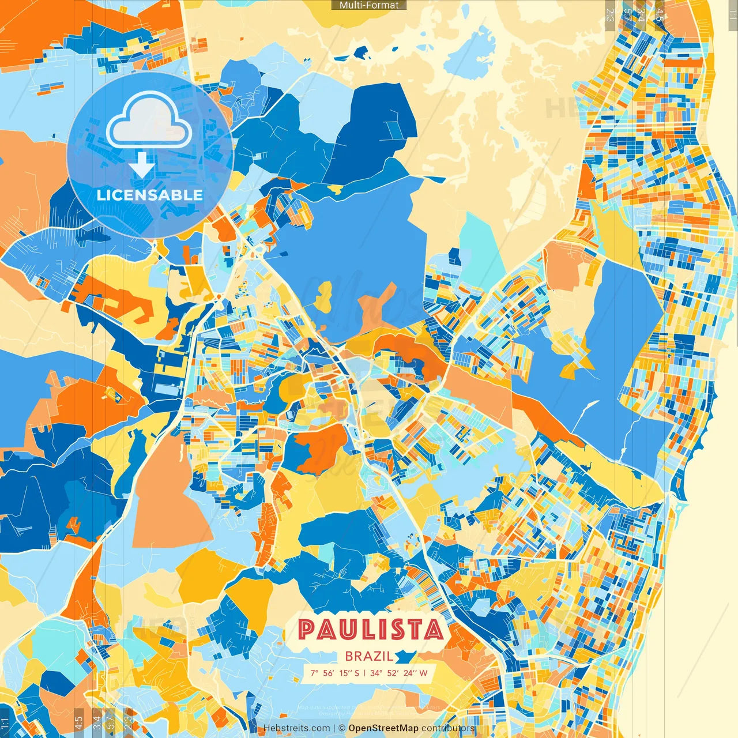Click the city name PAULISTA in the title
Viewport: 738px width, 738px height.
pyautogui.click(x=371, y=630)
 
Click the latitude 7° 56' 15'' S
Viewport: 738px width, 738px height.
pyautogui.click(x=334, y=673)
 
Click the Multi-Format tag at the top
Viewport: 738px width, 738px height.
pyautogui.click(x=369, y=5)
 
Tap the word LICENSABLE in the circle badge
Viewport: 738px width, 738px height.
pyautogui.click(x=150, y=195)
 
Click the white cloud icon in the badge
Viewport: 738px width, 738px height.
pyautogui.click(x=149, y=121)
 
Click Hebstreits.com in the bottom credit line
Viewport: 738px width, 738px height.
pyautogui.click(x=296, y=728)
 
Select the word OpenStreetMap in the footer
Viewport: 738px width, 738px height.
pyautogui.click(x=383, y=728)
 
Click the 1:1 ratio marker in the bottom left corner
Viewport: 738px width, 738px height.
pyautogui.click(x=5, y=723)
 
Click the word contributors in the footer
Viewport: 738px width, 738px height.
pyautogui.click(x=447, y=728)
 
